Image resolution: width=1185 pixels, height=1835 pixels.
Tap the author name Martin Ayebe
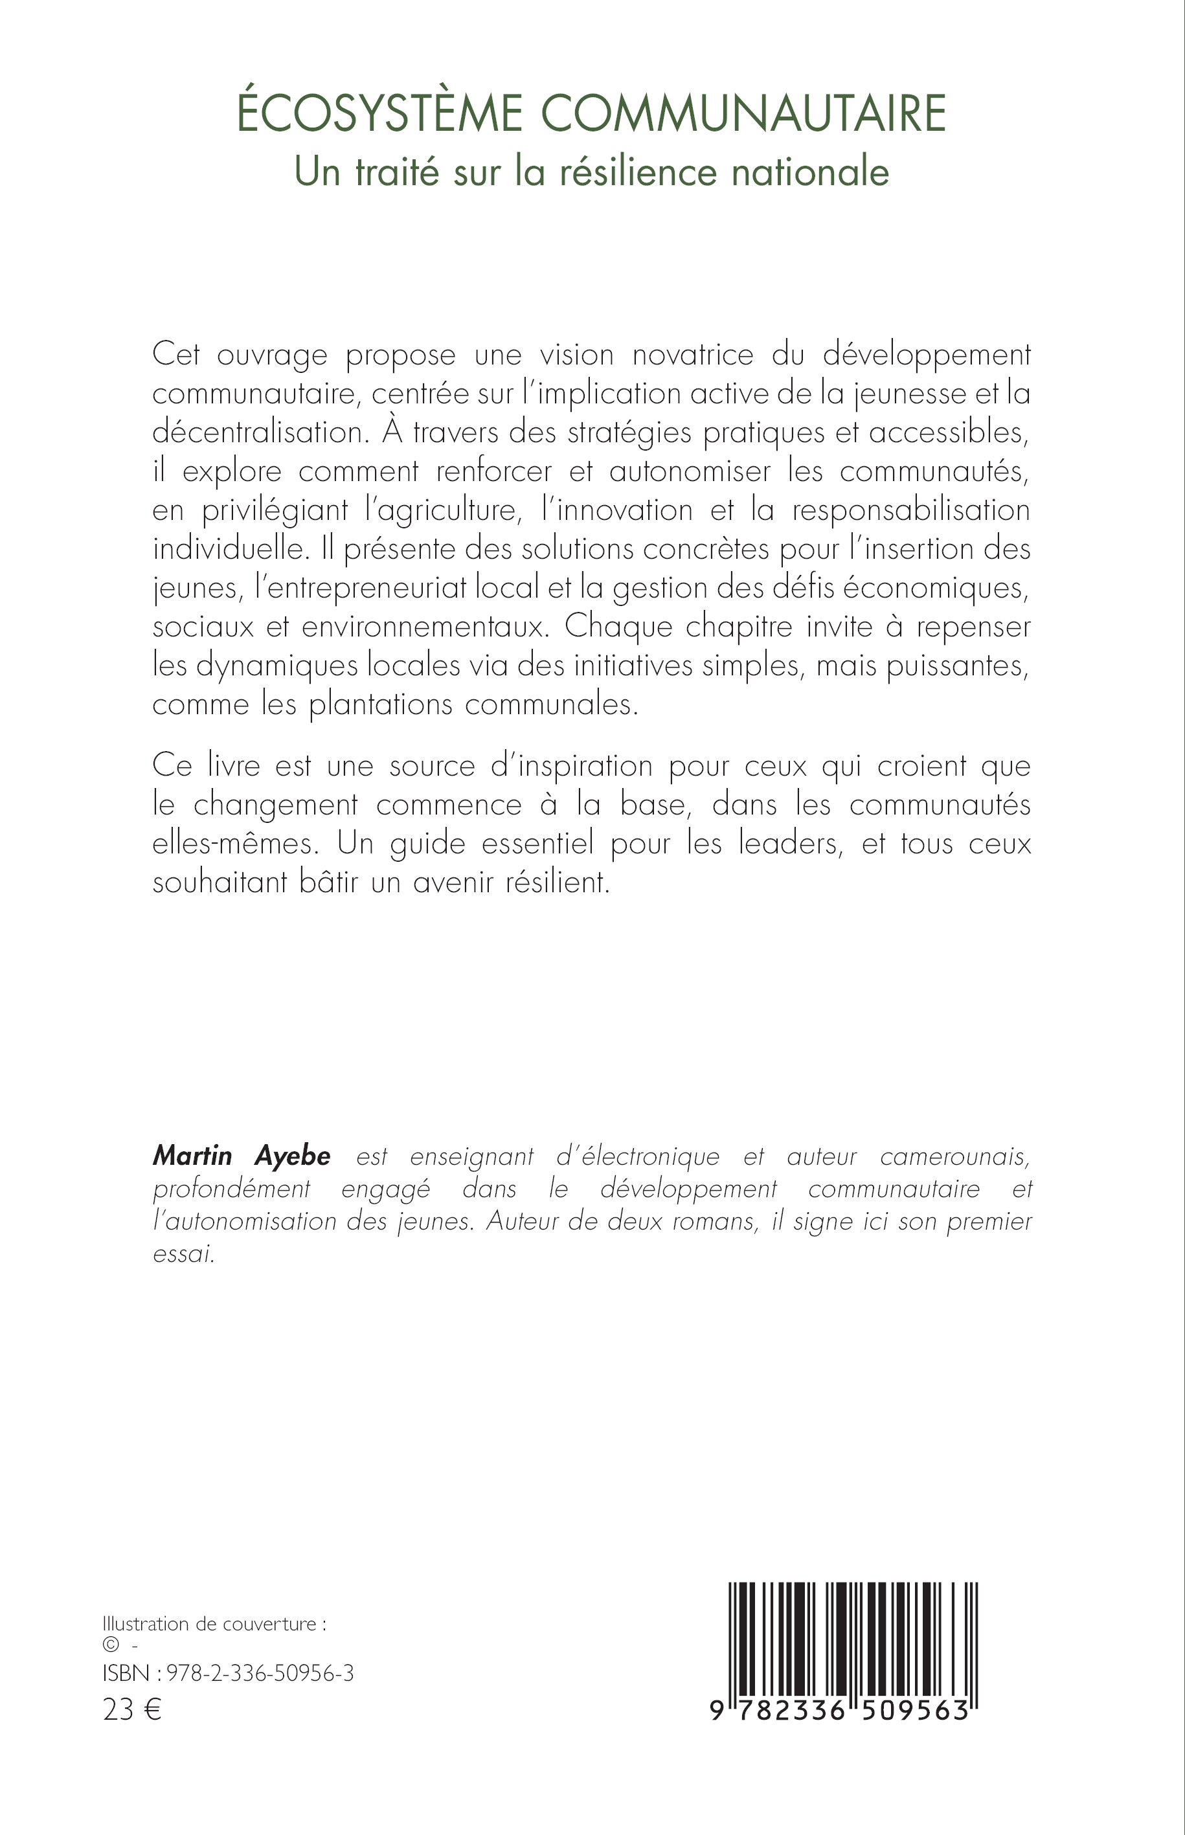pyautogui.click(x=242, y=1156)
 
